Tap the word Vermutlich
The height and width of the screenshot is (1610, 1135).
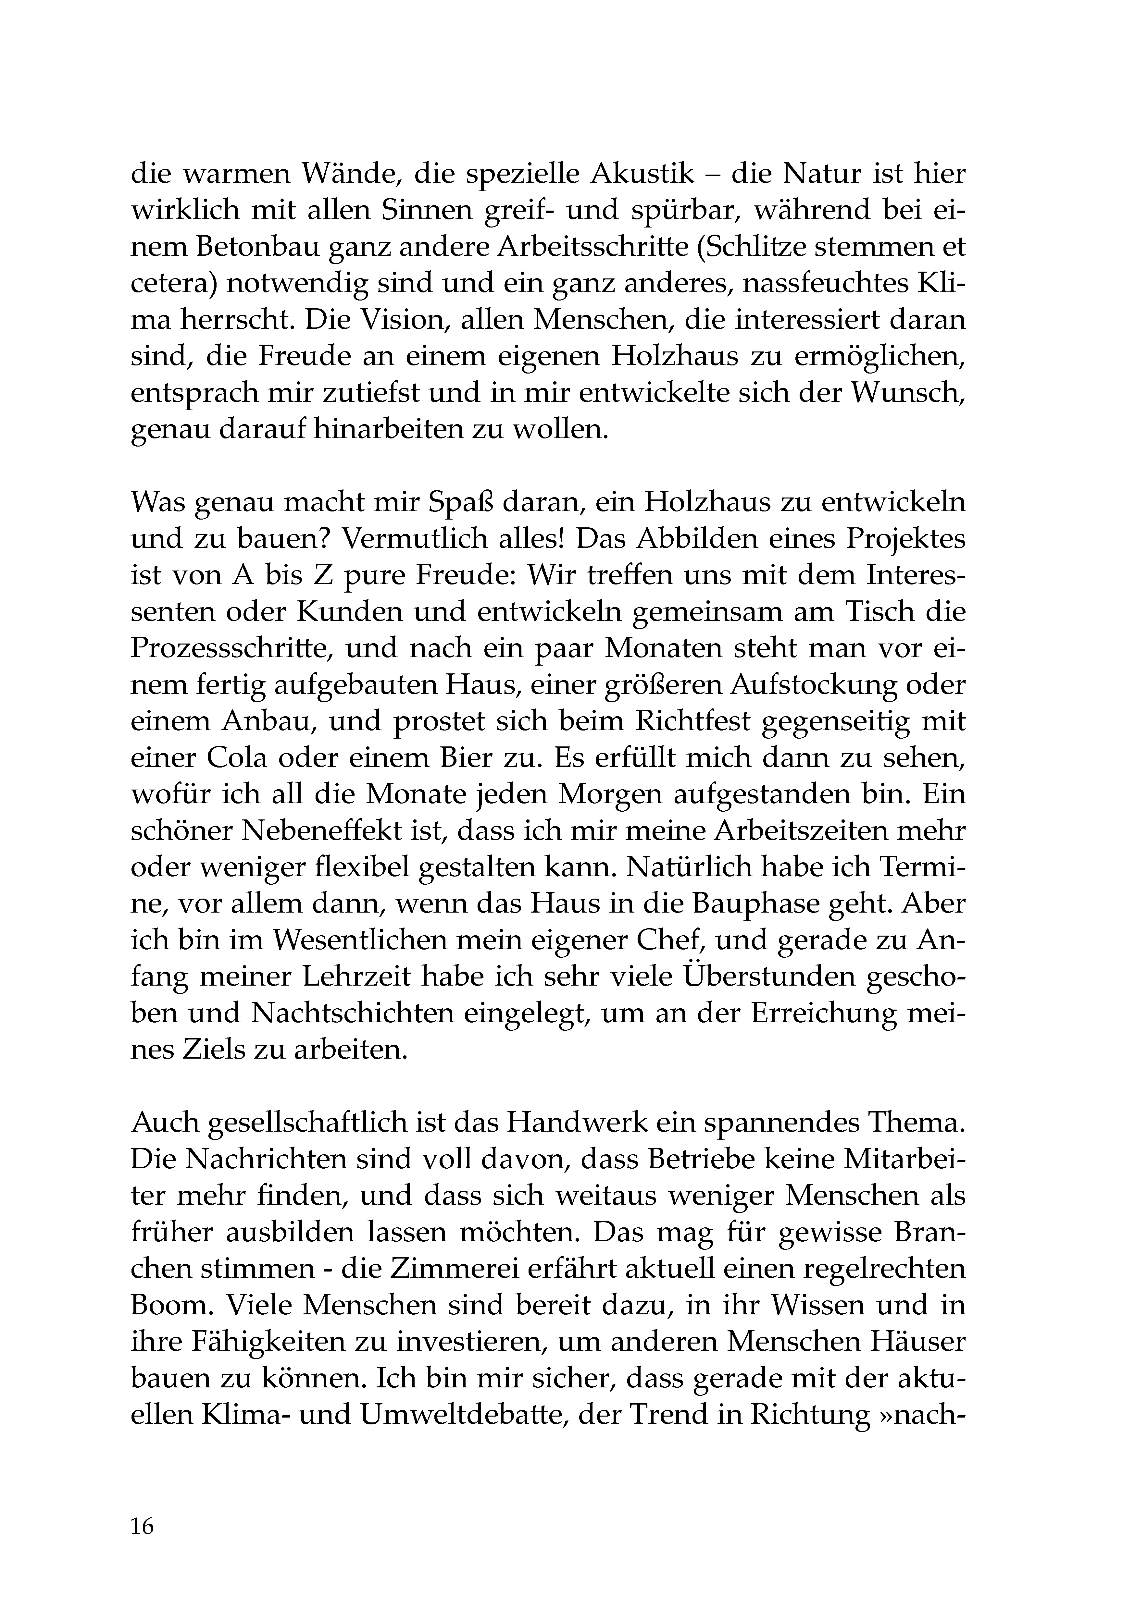414,539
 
